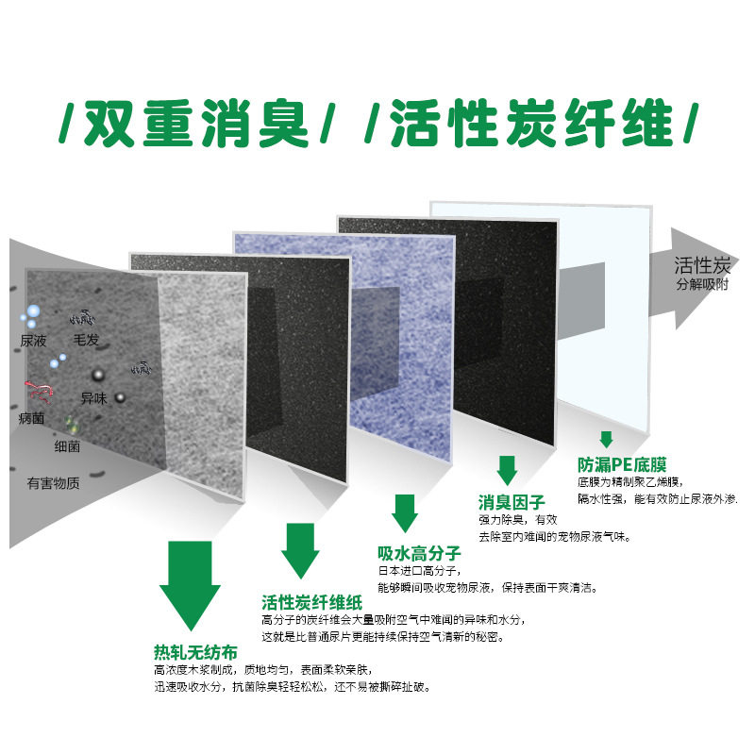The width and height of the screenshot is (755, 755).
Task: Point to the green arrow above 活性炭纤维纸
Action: coord(301,551)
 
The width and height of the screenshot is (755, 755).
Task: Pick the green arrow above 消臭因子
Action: coord(508,469)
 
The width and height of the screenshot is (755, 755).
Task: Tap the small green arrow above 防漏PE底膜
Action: coord(606,439)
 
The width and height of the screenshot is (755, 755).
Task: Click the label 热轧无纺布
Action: coord(195,652)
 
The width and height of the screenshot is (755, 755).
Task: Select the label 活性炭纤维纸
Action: coord(310,602)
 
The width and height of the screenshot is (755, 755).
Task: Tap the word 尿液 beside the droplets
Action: coord(34,341)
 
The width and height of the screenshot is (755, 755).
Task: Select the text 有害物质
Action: coord(53,483)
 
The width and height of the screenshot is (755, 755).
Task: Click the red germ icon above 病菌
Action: coord(40,388)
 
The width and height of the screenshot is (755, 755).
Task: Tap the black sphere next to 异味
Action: coord(120,398)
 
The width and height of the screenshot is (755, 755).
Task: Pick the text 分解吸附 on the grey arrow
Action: coord(702,284)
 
